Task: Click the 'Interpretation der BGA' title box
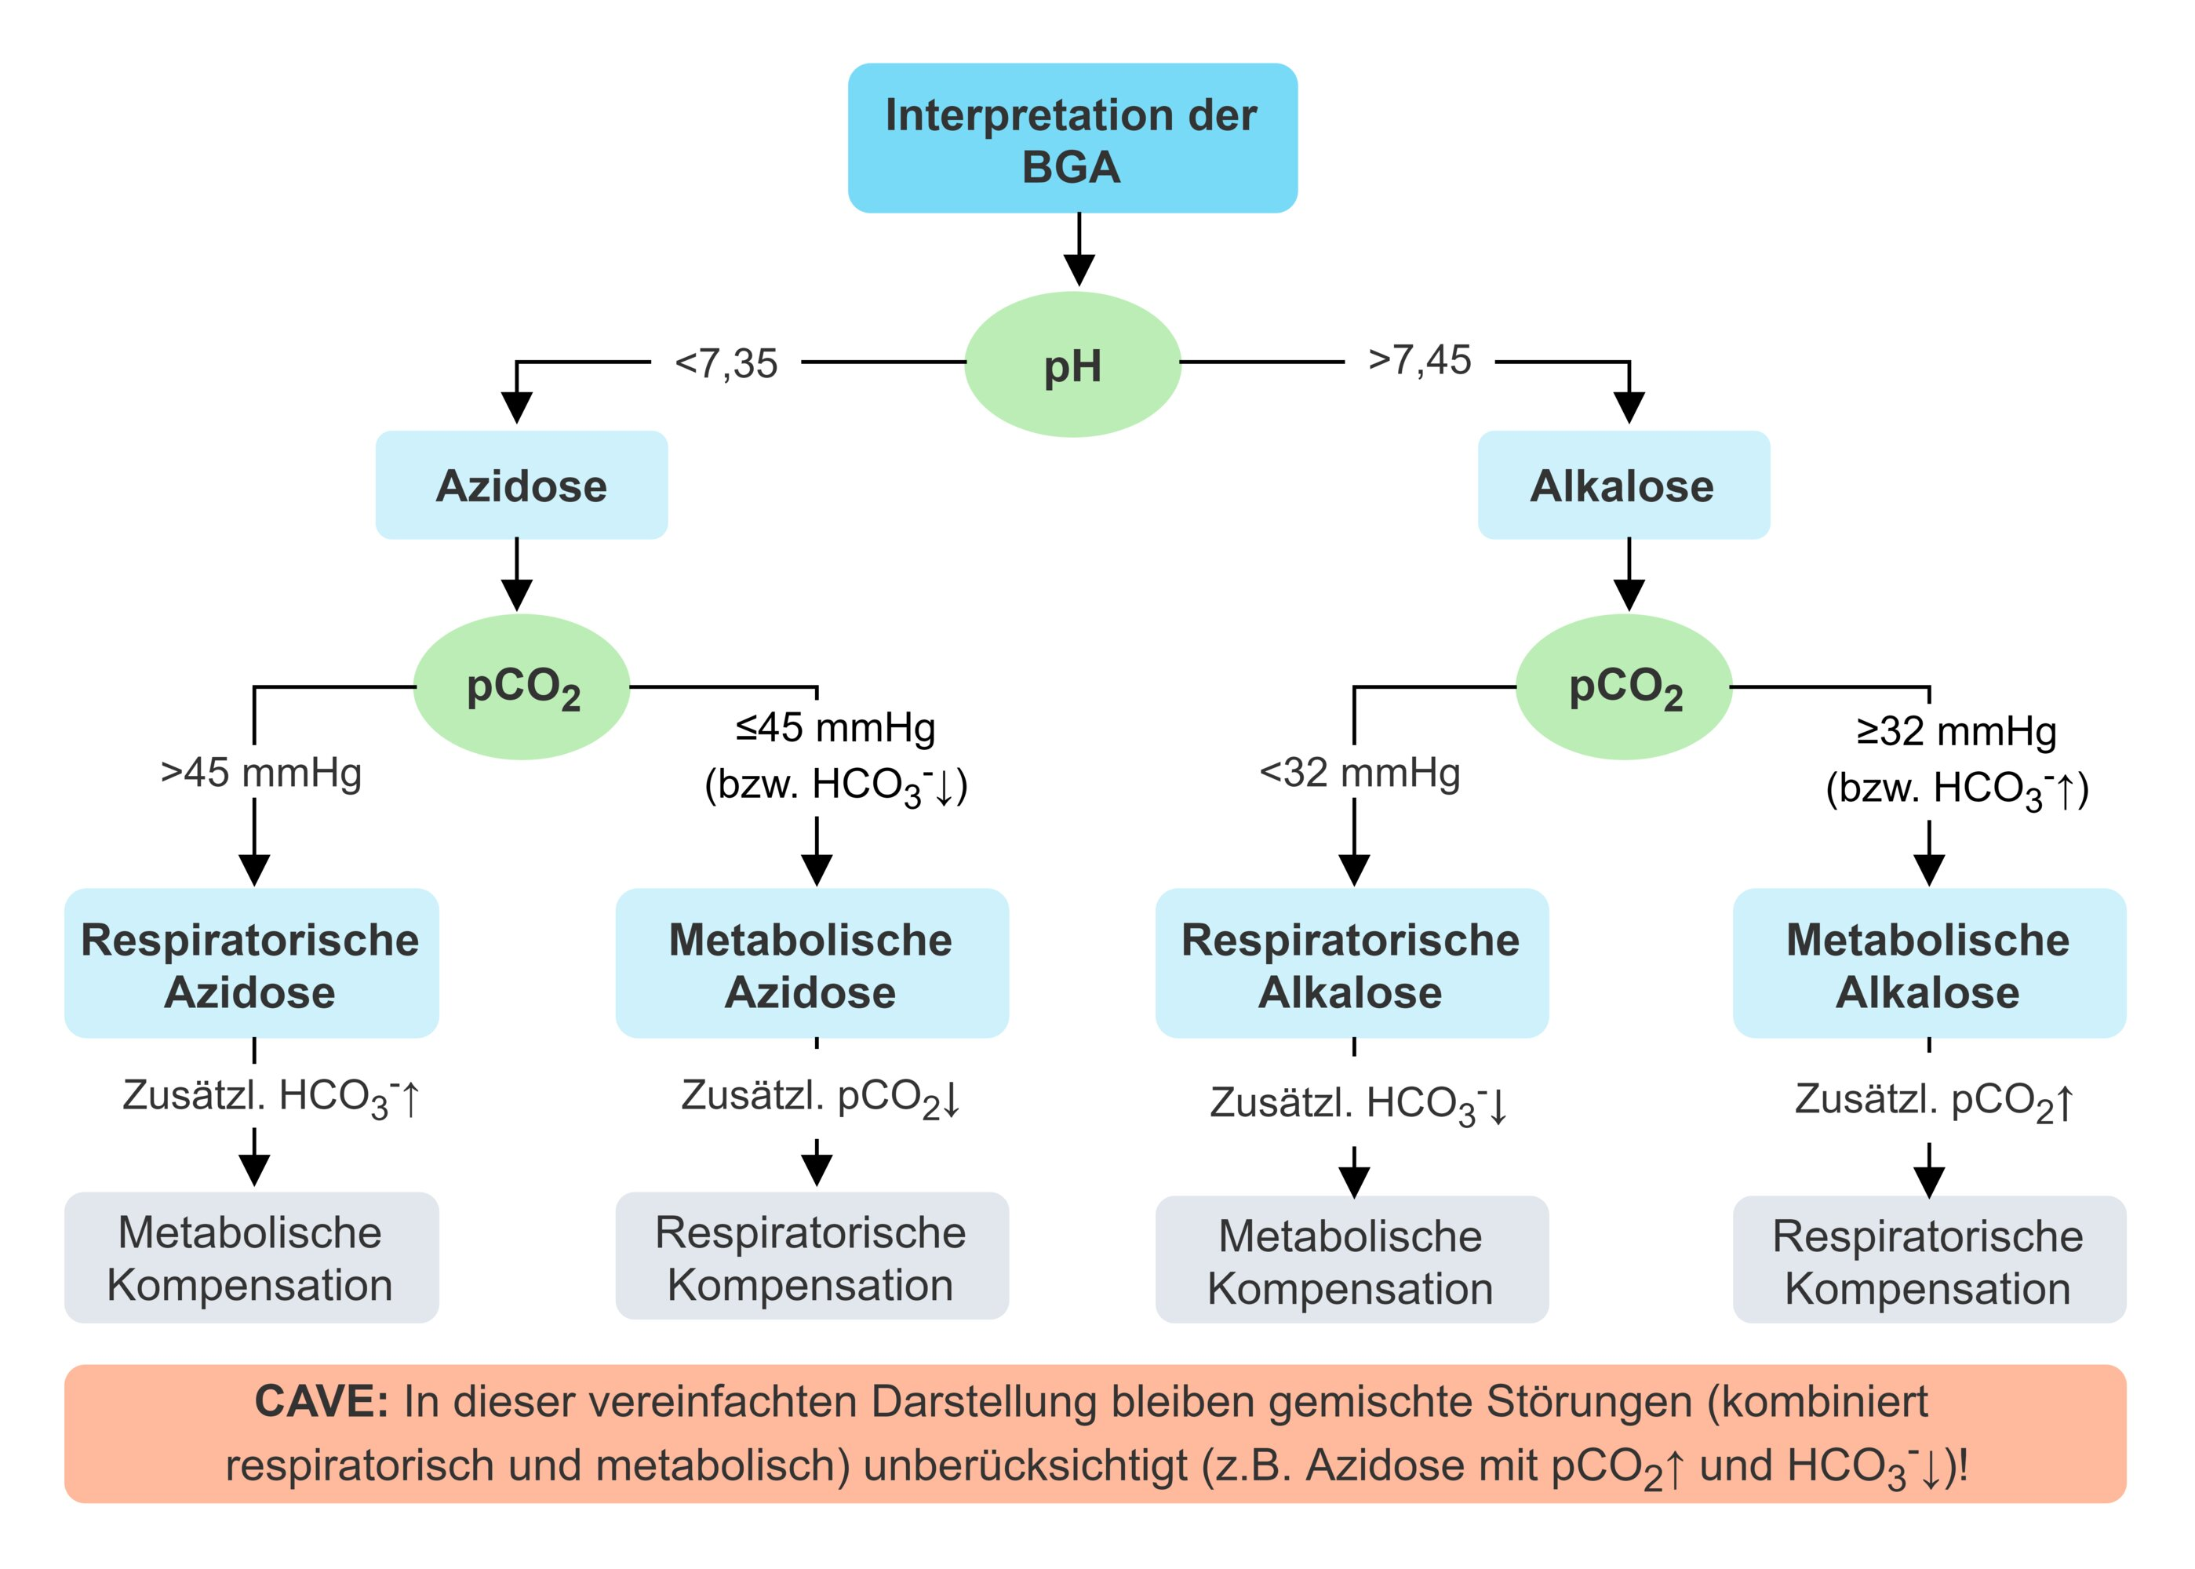(1072, 138)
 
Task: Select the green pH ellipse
(1072, 364)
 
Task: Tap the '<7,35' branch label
(726, 364)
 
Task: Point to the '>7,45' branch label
(1419, 360)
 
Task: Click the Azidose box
(522, 485)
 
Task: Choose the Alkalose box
(1623, 485)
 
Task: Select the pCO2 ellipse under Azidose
(522, 687)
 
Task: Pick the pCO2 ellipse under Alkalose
(1623, 687)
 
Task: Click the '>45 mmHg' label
(261, 773)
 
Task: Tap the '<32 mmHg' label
(1360, 773)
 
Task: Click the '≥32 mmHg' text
(1957, 731)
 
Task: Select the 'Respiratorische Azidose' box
(251, 964)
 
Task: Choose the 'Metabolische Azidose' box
(811, 964)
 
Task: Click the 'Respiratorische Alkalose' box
(1352, 964)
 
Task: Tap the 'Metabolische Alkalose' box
(1928, 964)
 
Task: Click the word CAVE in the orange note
(321, 1402)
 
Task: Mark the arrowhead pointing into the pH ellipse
(1079, 270)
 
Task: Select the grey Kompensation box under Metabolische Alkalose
(1928, 1261)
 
